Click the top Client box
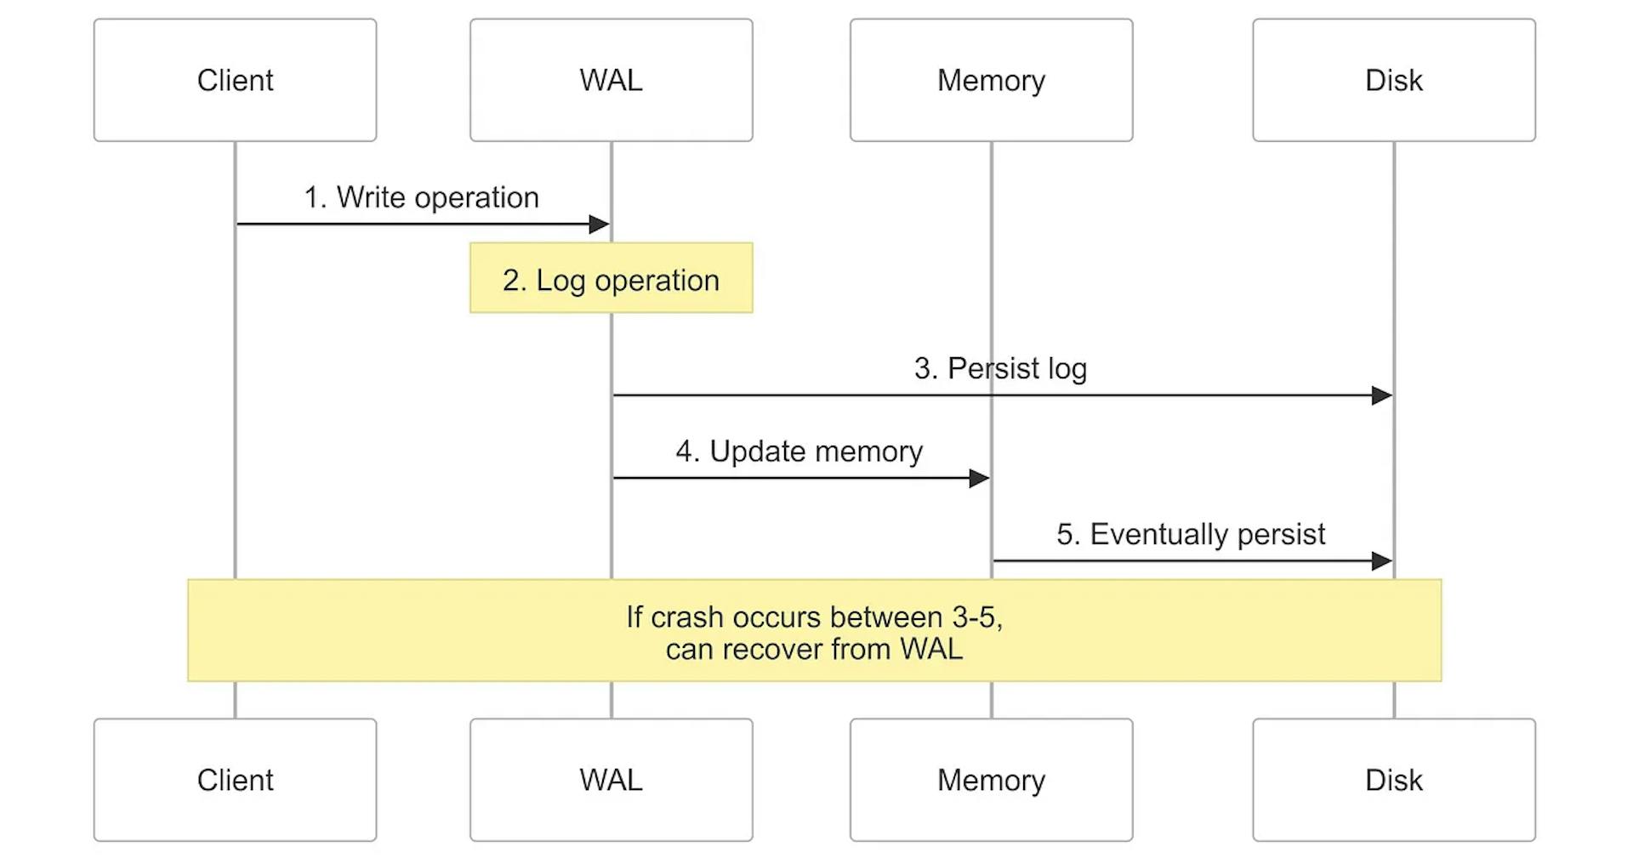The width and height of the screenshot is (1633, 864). [235, 80]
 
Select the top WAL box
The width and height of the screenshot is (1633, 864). [611, 80]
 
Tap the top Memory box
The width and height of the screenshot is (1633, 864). [991, 80]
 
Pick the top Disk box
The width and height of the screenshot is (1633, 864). [1393, 80]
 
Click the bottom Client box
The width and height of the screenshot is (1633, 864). [235, 780]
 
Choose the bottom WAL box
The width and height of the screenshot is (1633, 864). [611, 780]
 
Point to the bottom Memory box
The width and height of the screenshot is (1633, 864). [991, 780]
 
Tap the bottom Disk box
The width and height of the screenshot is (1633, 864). [1393, 780]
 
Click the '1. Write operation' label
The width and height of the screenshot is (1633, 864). [421, 197]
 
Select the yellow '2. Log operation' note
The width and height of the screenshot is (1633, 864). [611, 279]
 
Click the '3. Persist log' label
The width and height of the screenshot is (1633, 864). [1000, 368]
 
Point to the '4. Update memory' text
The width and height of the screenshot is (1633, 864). [799, 452]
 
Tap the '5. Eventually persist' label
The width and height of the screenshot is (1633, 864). [1191, 534]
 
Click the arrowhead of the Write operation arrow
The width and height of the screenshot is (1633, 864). [600, 225]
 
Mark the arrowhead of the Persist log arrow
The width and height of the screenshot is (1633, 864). [1382, 395]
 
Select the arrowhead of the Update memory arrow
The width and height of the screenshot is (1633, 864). [979, 479]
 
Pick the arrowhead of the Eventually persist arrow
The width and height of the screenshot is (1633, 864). [1382, 561]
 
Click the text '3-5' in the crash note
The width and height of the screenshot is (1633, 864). [976, 617]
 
